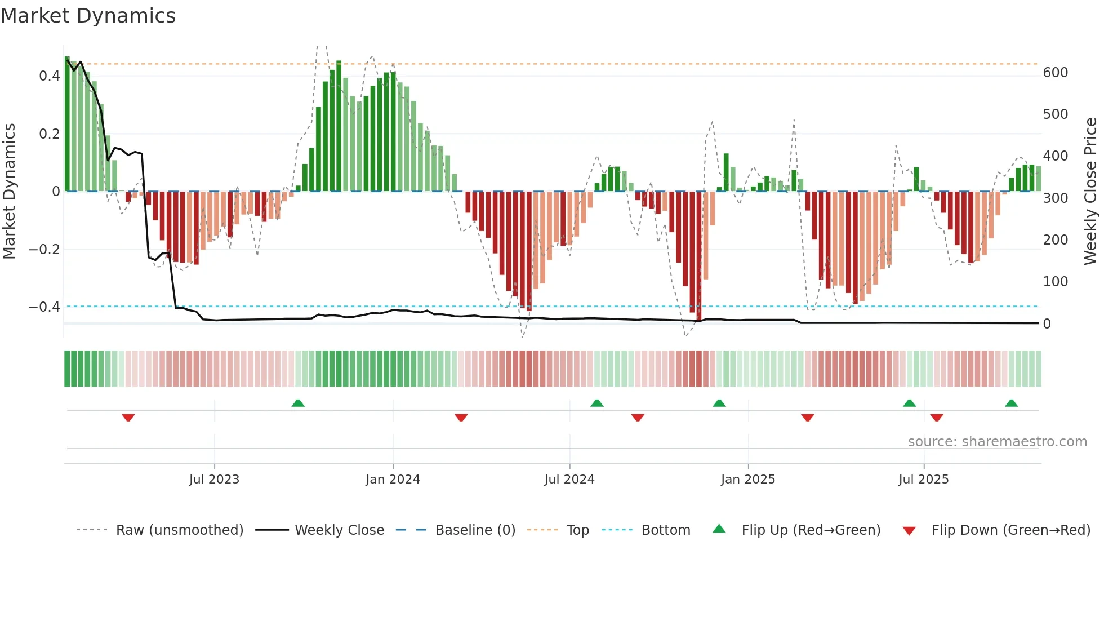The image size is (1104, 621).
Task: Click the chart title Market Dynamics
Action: (88, 16)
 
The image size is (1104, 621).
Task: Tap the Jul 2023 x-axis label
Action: (214, 480)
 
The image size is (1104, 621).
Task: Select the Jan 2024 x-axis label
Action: (393, 480)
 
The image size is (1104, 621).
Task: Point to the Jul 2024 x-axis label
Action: (569, 480)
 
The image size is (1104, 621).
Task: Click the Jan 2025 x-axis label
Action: (747, 480)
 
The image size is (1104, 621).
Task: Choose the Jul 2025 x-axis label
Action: (923, 480)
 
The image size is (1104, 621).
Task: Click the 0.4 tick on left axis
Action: (50, 76)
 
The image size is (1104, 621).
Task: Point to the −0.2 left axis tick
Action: (44, 249)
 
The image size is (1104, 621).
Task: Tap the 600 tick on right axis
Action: (1055, 73)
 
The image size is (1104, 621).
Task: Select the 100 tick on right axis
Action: (1055, 282)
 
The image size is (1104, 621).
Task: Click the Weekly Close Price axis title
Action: (1090, 192)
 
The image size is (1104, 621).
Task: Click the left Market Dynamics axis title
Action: (9, 192)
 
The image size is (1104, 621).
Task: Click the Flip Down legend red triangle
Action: (909, 531)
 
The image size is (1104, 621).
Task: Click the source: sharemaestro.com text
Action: (997, 442)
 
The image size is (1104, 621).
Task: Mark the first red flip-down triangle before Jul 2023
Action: (128, 418)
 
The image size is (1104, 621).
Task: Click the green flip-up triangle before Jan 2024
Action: (298, 403)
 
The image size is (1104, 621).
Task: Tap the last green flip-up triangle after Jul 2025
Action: (1011, 403)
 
